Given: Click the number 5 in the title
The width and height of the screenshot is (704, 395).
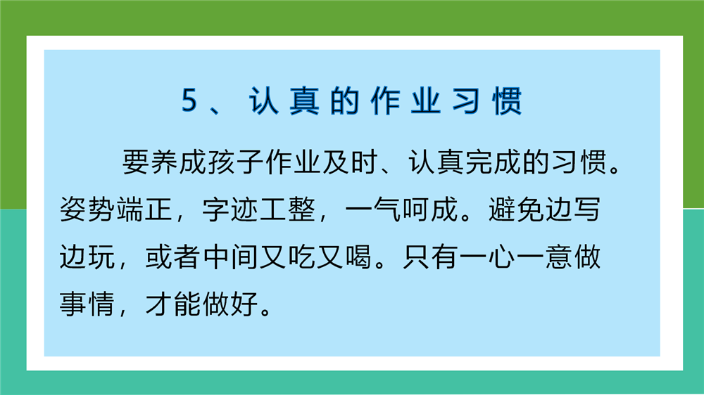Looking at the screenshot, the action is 189,100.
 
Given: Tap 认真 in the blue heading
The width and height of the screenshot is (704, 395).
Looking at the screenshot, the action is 284,101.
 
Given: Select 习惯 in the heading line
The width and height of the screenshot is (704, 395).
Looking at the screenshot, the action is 486,101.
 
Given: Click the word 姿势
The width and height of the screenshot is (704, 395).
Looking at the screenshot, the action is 87,209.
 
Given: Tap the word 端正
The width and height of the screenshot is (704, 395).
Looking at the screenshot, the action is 144,209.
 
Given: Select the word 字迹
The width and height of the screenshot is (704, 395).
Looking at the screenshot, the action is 230,209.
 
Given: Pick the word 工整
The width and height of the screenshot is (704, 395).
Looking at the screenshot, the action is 287,209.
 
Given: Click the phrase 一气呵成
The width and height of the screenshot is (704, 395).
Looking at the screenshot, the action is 402,209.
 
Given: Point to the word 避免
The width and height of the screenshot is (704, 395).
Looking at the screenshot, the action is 516,209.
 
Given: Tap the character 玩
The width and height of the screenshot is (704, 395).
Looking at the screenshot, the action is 102,257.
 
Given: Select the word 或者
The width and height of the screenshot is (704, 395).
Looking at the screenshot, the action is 173,257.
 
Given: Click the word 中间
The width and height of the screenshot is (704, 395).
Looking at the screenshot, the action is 230,257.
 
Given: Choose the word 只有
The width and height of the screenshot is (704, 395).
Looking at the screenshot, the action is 431,257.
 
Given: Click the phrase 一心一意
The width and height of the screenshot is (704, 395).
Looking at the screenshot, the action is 516,257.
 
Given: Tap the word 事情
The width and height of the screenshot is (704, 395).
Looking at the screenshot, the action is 87,304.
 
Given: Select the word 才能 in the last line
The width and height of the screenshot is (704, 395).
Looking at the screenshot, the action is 173,304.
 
